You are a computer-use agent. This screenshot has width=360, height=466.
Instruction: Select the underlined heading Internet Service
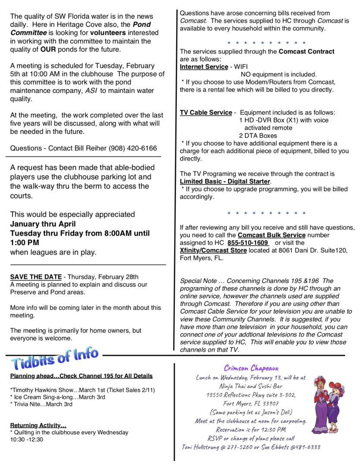click(x=203, y=67)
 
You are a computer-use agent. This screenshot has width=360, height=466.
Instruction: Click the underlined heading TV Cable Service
click(x=206, y=113)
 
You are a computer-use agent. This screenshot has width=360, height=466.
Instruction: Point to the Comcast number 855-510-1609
click(x=248, y=243)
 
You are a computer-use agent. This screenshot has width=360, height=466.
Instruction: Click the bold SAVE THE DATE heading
click(x=36, y=277)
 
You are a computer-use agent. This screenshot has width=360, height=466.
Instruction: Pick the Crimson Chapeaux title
click(x=251, y=368)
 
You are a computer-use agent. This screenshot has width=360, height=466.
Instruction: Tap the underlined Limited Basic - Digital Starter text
click(x=225, y=182)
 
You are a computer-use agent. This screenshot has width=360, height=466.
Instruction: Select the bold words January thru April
click(x=43, y=224)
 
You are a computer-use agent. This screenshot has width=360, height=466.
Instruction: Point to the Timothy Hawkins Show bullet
click(x=82, y=390)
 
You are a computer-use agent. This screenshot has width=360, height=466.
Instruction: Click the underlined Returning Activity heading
click(x=38, y=425)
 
